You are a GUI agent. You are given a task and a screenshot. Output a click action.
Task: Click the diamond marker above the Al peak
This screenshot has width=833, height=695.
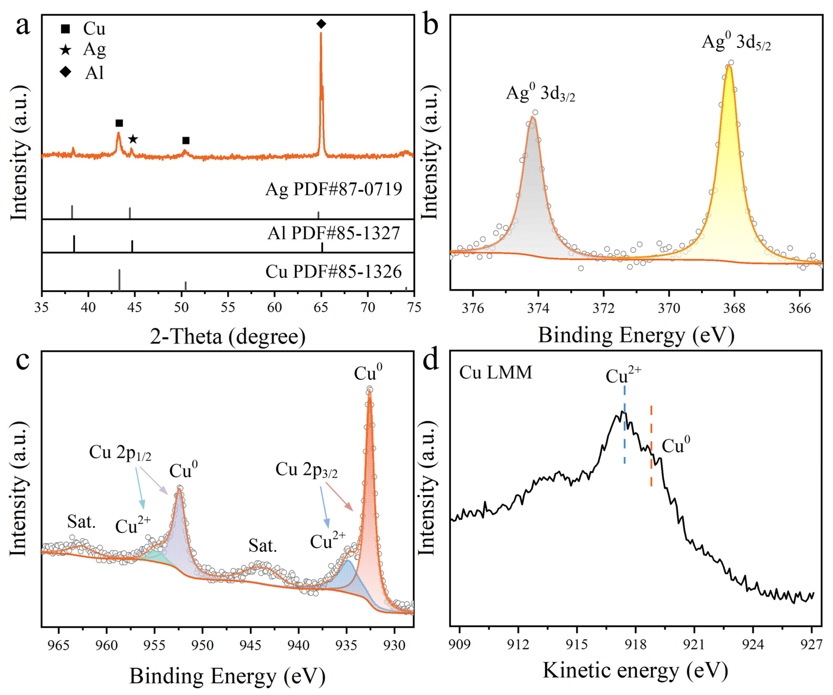tap(321, 24)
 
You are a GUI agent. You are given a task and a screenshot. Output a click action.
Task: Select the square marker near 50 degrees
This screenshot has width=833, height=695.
tap(186, 141)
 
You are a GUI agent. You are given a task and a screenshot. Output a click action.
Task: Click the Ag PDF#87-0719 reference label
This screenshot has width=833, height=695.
tap(334, 189)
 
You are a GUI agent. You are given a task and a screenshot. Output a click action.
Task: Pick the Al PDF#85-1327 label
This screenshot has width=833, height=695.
tap(334, 233)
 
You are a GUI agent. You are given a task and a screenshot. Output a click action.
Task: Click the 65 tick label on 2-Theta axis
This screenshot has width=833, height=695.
tap(321, 307)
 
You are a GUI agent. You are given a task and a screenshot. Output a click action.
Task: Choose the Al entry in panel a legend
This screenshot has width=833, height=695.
tap(94, 73)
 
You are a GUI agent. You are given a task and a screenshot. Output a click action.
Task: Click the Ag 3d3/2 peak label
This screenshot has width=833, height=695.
tap(540, 93)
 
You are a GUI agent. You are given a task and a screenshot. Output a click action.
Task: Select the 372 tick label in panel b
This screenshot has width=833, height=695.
tap(603, 308)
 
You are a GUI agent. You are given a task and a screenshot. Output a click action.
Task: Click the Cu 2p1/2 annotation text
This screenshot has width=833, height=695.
tap(120, 453)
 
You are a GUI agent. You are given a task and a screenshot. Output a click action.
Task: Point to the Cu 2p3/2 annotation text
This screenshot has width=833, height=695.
tap(306, 470)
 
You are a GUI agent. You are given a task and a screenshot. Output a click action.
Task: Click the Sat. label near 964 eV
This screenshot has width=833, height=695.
tap(81, 522)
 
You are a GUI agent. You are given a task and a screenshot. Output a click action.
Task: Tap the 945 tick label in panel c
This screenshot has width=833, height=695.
tap(250, 645)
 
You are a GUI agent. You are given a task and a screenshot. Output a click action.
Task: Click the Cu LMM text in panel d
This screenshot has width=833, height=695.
tap(495, 373)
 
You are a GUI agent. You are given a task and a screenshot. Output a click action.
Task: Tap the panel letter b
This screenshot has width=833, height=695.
tap(430, 25)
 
